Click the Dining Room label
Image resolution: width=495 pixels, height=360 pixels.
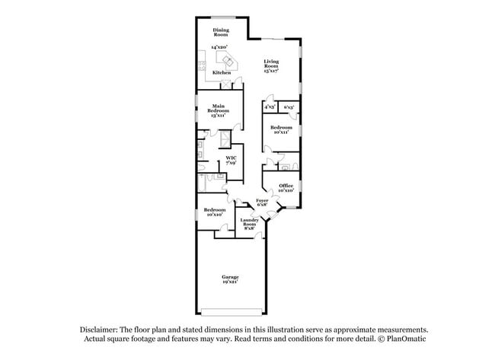[x=221, y=32]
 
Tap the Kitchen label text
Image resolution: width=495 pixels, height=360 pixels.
[x=221, y=72]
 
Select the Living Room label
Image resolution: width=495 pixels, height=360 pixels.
[x=272, y=64]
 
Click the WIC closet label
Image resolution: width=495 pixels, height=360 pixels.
[x=230, y=158]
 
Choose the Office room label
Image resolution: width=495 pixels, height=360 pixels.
[x=286, y=185]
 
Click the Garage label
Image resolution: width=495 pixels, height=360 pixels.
[x=230, y=276]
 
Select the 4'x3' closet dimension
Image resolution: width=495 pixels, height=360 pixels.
[x=269, y=107]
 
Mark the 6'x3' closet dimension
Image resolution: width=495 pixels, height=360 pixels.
[x=289, y=107]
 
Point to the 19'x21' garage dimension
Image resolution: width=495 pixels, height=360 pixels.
[x=230, y=282]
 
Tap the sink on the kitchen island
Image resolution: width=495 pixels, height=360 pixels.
[x=226, y=60]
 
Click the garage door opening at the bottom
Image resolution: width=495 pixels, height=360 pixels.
[x=232, y=311]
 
